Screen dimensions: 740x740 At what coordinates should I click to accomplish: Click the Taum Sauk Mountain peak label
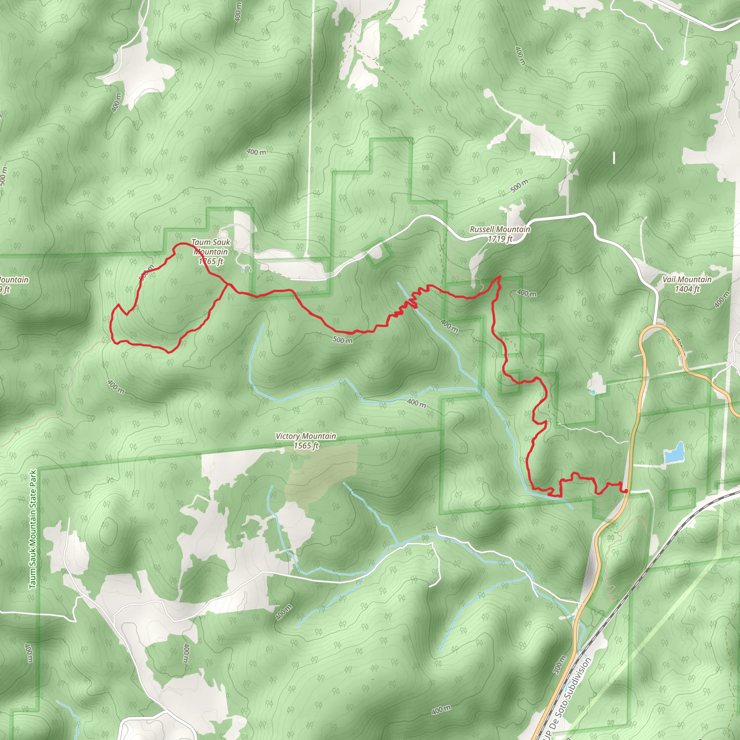point(211,247)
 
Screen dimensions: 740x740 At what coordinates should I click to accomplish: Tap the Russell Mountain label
point(500,229)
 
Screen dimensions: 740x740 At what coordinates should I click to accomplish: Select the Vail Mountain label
point(687,280)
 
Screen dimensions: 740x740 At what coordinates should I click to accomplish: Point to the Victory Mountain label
point(306,436)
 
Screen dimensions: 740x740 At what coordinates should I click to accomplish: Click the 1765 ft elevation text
point(211,262)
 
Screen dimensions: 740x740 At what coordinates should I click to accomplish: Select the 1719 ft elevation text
point(500,239)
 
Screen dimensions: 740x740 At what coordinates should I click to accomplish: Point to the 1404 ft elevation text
point(687,289)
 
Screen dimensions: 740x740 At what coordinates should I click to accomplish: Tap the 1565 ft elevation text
point(306,446)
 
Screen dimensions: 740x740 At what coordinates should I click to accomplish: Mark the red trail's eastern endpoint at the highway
point(625,491)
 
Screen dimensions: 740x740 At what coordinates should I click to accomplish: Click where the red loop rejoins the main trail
point(229,285)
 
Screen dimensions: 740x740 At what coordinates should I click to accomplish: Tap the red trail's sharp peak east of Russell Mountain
point(499,276)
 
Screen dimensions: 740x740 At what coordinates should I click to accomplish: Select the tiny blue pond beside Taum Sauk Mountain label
point(243,270)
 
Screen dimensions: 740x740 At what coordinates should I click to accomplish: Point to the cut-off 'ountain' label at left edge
point(13,280)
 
